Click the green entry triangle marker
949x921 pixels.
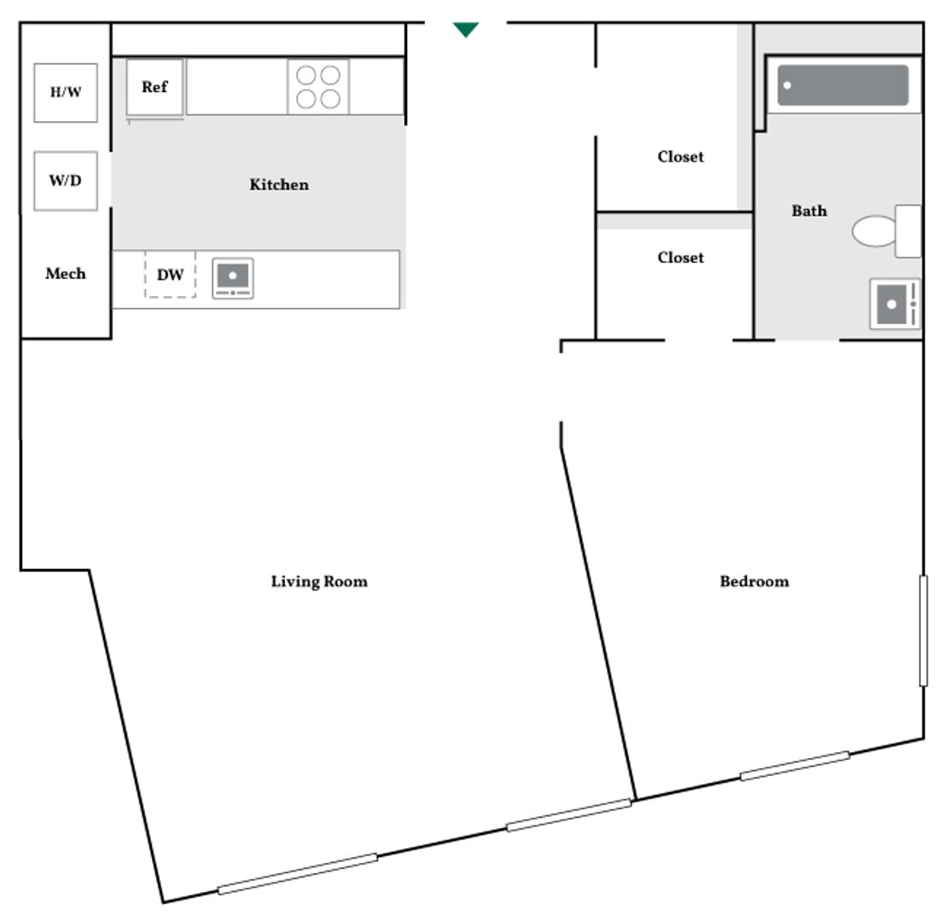465,30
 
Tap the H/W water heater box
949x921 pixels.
66,92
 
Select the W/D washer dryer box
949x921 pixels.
66,180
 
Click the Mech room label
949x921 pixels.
66,274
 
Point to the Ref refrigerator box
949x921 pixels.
154,86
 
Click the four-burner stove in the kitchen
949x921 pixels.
318,87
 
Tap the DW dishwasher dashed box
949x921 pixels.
170,275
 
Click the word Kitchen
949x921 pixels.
279,184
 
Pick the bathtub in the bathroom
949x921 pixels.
843,85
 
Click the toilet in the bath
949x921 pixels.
883,230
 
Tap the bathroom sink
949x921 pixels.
894,304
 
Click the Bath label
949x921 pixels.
809,211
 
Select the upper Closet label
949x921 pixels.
681,157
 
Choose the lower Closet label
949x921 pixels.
681,258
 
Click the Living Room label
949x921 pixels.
319,582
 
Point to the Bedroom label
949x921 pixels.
754,582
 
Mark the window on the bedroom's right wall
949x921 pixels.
923,630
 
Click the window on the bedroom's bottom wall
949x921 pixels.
795,766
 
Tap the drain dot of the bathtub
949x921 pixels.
788,85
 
